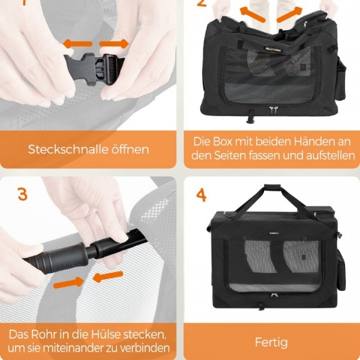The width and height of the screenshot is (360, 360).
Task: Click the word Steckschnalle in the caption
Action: (68, 149)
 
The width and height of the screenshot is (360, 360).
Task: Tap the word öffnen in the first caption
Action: (130, 149)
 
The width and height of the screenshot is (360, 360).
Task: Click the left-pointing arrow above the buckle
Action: (77, 44)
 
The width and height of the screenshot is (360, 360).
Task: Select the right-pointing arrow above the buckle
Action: (114, 44)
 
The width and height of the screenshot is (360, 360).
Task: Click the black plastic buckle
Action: (94, 68)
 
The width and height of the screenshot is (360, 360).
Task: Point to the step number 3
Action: (23, 194)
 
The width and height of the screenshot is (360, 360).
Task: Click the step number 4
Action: (201, 195)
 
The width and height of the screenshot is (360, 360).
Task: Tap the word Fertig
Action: (271, 343)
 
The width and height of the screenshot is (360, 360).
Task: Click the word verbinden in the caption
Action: (145, 348)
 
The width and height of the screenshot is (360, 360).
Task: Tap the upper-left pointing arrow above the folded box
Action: (253, 14)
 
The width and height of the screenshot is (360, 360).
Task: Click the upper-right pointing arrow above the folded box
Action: (289, 14)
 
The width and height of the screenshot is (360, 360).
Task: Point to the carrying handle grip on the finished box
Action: (272, 187)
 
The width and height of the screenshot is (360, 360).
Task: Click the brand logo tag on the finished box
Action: (274, 233)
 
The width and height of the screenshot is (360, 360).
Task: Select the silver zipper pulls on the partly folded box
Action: (273, 110)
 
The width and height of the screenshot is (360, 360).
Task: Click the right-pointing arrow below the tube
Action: (68, 282)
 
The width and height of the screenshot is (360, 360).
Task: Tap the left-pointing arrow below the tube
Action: (108, 277)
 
